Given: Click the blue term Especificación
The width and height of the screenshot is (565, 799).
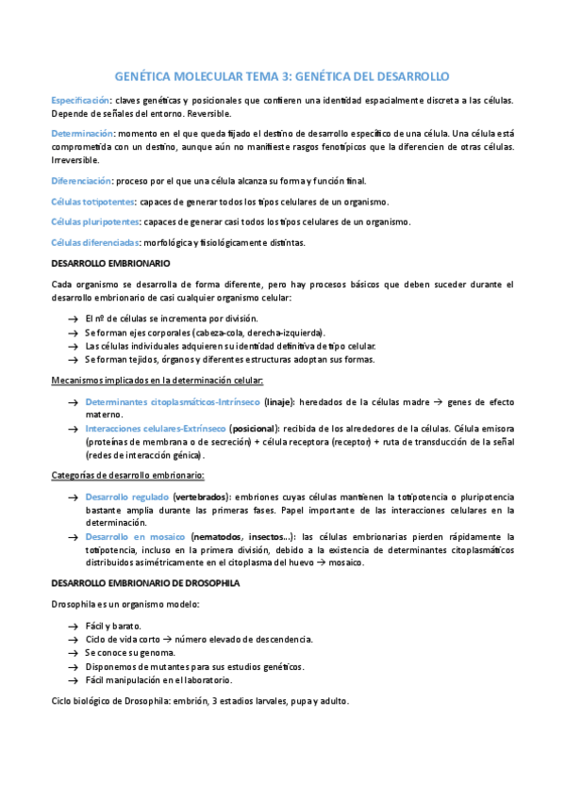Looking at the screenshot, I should click(80, 100).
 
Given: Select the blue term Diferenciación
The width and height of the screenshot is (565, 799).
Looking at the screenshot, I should click(81, 181).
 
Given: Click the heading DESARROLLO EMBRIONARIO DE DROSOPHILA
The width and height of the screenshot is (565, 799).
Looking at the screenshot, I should click(146, 583).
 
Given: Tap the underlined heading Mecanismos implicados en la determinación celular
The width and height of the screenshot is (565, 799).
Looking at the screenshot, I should click(157, 381).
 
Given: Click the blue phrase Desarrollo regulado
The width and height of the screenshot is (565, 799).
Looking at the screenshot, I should click(127, 496).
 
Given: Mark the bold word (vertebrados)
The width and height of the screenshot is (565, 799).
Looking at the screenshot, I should click(202, 496).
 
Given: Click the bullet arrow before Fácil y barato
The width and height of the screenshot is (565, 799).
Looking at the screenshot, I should click(74, 626).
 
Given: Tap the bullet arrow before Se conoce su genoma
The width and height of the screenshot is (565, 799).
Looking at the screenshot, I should click(74, 652).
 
